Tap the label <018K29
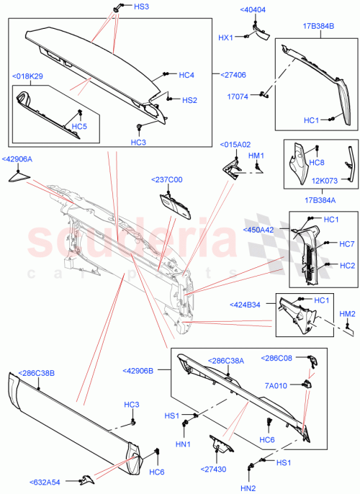(x=27, y=76)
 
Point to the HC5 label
(x=79, y=127)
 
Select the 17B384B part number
(x=319, y=27)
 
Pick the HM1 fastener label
(x=256, y=156)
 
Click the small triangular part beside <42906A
(x=18, y=178)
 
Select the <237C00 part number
(x=167, y=180)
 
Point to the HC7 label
(x=347, y=244)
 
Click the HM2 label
(x=347, y=313)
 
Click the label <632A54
(x=45, y=482)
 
